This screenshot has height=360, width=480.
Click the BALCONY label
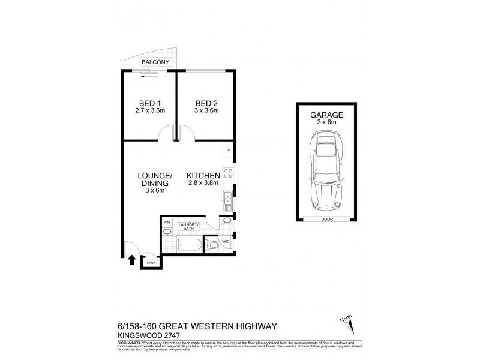[x=155, y=62]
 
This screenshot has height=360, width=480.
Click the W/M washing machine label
[x=166, y=223]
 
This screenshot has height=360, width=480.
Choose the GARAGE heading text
[x=326, y=114]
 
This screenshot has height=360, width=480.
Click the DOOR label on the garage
[x=326, y=219]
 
